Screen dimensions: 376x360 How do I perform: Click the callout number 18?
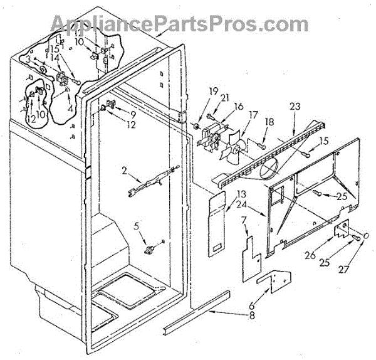click(x=269, y=122)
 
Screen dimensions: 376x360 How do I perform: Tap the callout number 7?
click(x=244, y=220)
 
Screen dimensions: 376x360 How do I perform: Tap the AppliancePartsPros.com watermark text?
click(x=188, y=23)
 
